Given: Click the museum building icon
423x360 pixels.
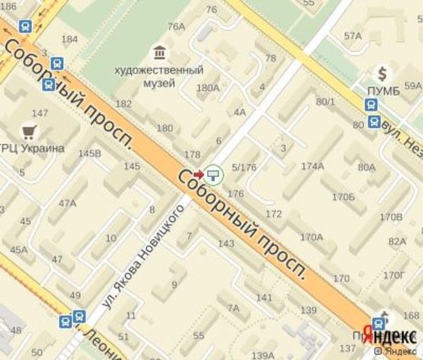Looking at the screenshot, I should (159, 53).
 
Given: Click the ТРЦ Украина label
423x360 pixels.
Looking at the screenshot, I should (32, 148).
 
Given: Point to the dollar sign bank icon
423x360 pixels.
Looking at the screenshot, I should (385, 73).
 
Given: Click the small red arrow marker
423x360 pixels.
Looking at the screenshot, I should (199, 173).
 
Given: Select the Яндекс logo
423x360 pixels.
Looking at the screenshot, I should (389, 336).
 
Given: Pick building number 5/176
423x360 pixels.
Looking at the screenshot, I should (244, 168).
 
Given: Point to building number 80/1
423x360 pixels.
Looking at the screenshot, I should (326, 101).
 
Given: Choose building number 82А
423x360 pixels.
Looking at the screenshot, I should (397, 242).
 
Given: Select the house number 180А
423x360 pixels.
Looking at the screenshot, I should (207, 88).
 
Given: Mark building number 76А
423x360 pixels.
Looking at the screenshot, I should (176, 26).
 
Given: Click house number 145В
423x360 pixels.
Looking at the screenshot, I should (90, 153).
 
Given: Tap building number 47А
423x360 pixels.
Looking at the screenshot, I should (68, 203).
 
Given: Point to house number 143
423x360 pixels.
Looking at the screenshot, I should (226, 243).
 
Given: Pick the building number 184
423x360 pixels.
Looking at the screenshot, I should (69, 40).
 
